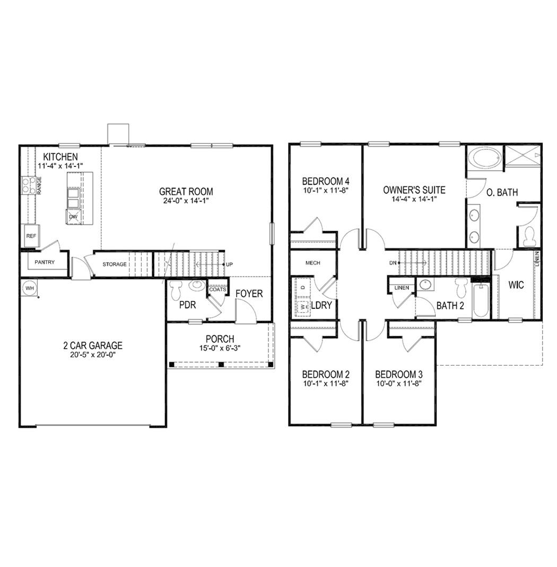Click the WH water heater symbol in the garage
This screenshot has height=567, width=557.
click(x=29, y=287)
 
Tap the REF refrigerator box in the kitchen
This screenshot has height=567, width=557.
click(x=30, y=236)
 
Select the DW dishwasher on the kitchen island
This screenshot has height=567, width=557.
click(x=72, y=216)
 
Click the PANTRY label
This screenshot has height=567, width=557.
click(x=45, y=262)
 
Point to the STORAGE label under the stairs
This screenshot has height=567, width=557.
click(x=115, y=264)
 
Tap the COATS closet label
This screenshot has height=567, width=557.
click(x=217, y=289)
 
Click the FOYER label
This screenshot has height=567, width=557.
click(x=249, y=294)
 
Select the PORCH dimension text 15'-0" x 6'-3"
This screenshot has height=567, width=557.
click(x=220, y=349)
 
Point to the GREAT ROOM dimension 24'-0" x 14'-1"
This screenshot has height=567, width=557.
click(x=186, y=201)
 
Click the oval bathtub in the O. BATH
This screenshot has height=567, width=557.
click(x=484, y=158)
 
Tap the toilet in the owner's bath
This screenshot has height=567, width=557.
click(x=529, y=236)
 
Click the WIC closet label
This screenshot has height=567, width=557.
click(x=516, y=285)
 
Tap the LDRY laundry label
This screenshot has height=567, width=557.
click(x=321, y=305)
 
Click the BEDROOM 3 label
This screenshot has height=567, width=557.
click(x=398, y=374)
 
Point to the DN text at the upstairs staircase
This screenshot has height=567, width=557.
click(x=393, y=263)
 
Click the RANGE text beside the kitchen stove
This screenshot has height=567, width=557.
click(x=39, y=186)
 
